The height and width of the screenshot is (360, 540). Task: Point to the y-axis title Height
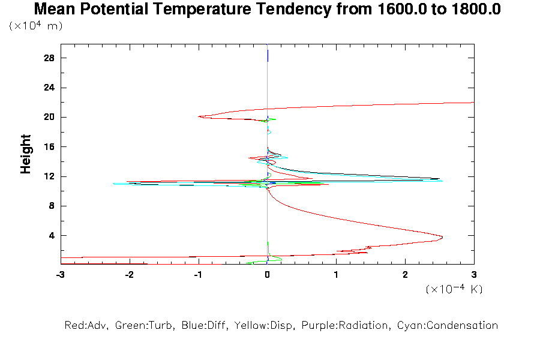pos(26,154)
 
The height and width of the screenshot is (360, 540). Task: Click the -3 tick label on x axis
pos(60,274)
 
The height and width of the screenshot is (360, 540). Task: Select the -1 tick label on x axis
pos(197,274)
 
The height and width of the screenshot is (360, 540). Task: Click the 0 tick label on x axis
pos(267,274)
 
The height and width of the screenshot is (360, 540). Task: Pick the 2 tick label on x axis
pos(405,274)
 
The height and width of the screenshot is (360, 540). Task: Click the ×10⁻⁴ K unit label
pos(454,289)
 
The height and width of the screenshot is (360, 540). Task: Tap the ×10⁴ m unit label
pos(36,26)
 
